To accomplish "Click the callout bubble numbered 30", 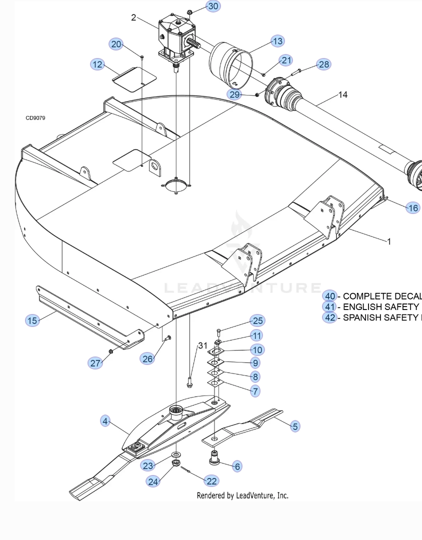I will click(213, 6).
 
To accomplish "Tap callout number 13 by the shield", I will click(277, 41).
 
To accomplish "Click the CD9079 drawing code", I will click(35, 118).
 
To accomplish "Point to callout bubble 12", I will click(97, 64).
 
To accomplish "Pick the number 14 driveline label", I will click(343, 94).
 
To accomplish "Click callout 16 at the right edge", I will click(413, 208).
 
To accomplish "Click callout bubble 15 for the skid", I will click(32, 320).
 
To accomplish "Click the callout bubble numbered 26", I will click(147, 358).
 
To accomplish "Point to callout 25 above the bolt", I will click(258, 320).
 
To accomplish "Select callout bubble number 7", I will click(255, 391).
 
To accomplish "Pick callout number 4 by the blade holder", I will click(105, 421).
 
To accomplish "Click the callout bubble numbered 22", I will click(212, 480).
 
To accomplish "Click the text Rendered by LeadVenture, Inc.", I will click(242, 495).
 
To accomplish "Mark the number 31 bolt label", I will click(202, 345).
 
